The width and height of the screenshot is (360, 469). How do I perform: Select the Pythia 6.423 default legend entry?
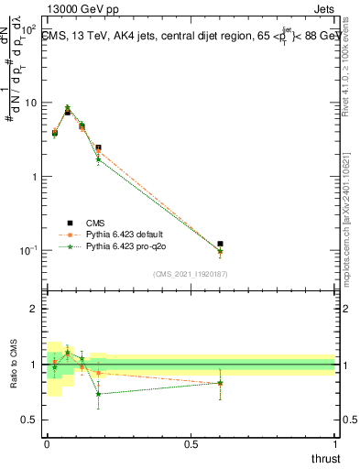(x=125, y=234)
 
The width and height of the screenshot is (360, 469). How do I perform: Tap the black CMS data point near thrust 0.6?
(x=220, y=244)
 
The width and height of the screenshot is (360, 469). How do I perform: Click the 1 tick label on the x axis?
(x=334, y=444)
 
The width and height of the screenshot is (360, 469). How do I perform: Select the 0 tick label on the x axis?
(x=46, y=444)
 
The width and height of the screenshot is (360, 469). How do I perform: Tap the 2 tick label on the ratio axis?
(x=33, y=309)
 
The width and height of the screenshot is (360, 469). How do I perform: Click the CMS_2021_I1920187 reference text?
(x=190, y=273)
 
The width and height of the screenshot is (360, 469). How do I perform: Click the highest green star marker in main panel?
(x=68, y=107)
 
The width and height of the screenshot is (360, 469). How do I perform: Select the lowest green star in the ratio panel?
(x=98, y=394)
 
